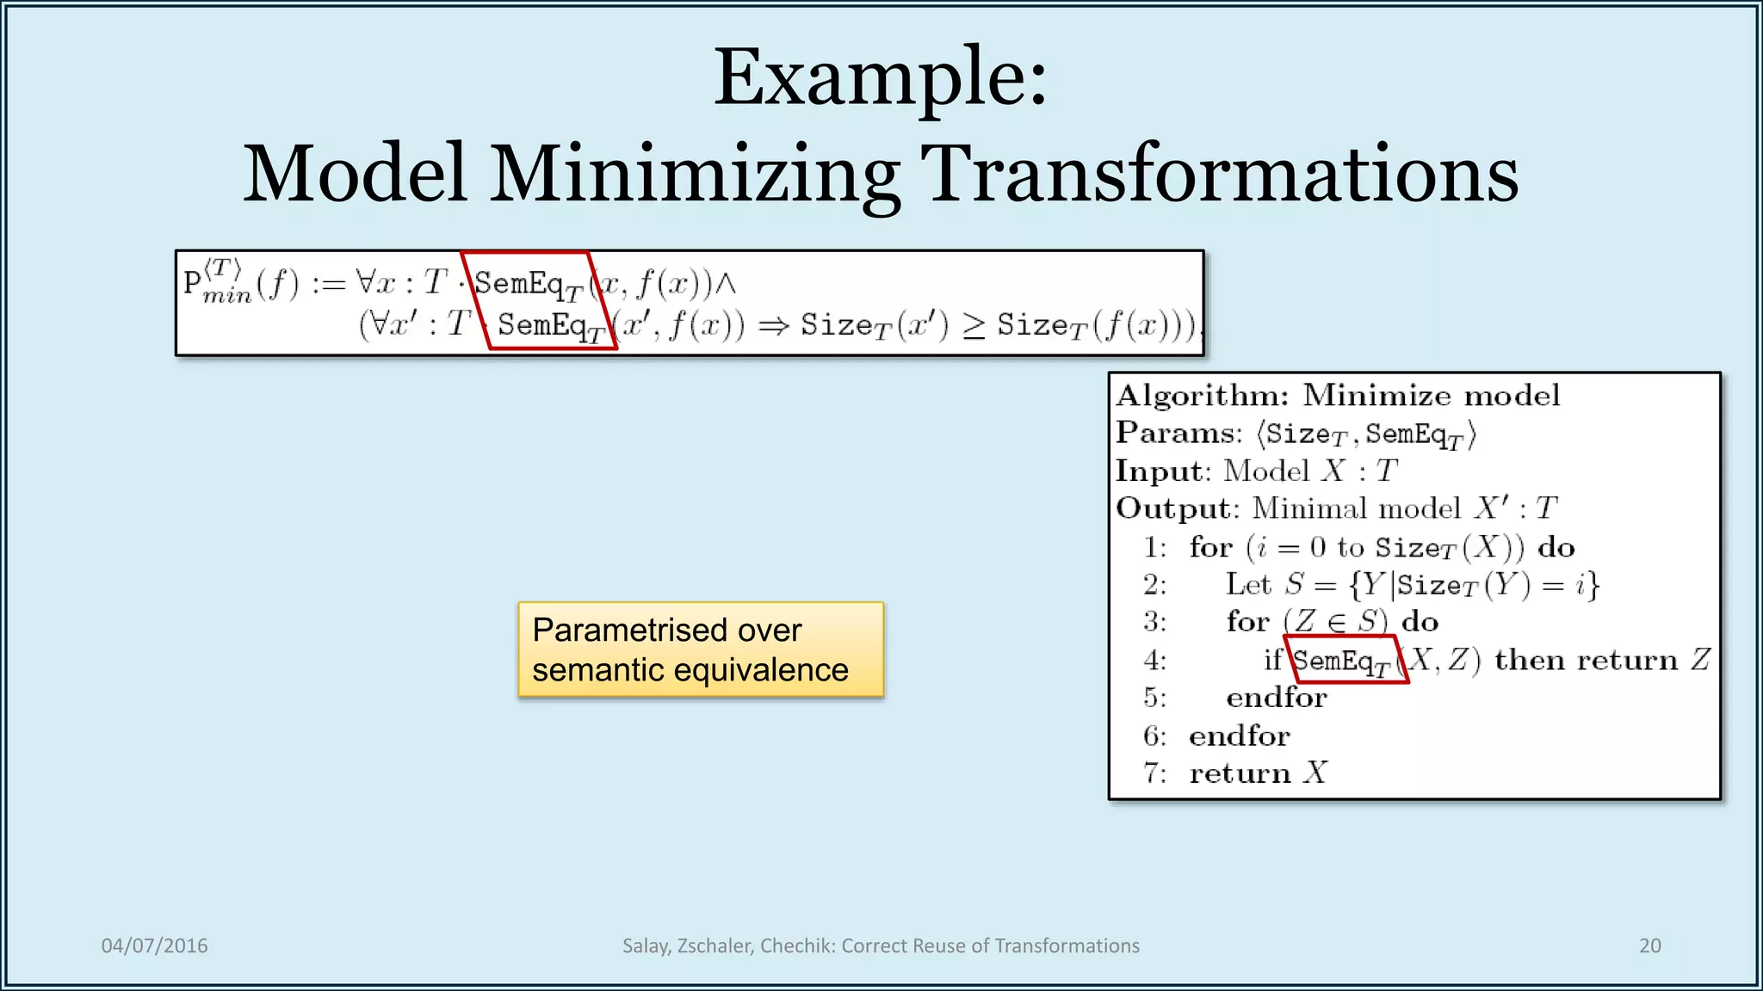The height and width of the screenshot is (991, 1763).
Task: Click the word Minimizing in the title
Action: click(x=695, y=175)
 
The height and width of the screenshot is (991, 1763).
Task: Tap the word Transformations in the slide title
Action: click(x=1219, y=175)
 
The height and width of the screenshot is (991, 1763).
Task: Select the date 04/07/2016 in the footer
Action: click(x=154, y=945)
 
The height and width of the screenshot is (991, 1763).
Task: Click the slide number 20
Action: click(x=1649, y=945)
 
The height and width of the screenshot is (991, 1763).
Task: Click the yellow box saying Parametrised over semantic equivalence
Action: click(x=701, y=649)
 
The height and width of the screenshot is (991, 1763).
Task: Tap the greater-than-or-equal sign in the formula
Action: click(x=974, y=326)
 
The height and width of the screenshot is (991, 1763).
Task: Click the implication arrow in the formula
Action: click(x=773, y=326)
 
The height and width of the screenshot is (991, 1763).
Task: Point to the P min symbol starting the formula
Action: click(x=215, y=282)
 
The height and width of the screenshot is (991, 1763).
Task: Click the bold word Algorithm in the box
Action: click(x=1202, y=396)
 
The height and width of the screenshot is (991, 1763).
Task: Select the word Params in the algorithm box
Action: click(x=1177, y=433)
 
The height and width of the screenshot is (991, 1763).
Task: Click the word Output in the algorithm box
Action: click(x=1175, y=508)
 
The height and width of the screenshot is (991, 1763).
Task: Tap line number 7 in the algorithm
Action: click(x=1154, y=773)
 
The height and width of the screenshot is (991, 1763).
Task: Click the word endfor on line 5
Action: click(x=1276, y=698)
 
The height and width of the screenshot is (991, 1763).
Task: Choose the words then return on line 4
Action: click(x=1585, y=660)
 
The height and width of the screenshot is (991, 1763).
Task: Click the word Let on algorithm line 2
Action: click(x=1248, y=585)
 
